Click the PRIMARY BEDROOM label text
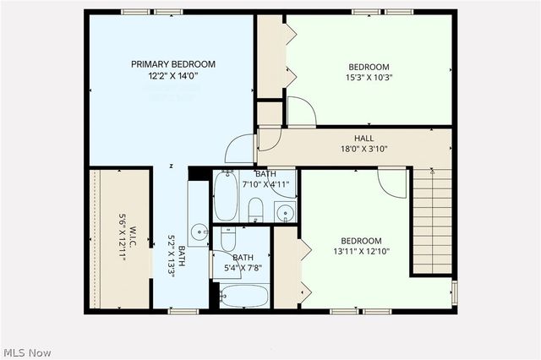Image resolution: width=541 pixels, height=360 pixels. tap(172, 64)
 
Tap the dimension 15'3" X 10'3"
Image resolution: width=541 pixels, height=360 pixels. tap(369, 79)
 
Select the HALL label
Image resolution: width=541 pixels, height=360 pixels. tap(363, 139)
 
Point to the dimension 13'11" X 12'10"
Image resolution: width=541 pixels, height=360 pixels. tap(361, 252)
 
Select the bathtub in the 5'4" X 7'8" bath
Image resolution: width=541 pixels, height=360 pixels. tap(243, 296)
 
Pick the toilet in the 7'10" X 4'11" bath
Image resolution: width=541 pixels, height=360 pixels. tap(256, 210)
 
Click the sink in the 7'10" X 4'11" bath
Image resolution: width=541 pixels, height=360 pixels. tap(285, 211)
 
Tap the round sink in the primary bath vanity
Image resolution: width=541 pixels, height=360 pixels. tap(199, 230)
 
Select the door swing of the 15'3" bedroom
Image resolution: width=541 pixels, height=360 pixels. tap(300, 112)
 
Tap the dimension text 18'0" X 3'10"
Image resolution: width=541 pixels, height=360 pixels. tap(363, 150)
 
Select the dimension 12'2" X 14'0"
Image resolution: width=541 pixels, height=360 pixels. tap(172, 76)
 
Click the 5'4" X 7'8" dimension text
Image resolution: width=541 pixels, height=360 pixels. tap(243, 269)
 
